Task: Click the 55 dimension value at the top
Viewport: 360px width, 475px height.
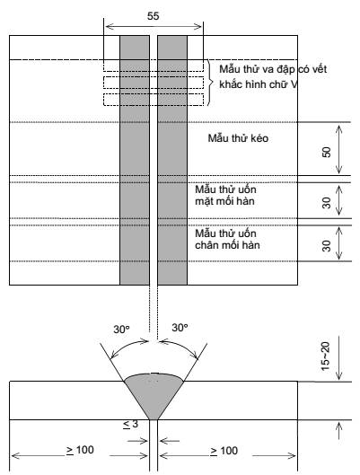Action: (153, 16)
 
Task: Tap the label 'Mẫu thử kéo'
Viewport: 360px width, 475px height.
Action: (238, 138)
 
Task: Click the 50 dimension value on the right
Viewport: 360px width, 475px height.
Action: (327, 152)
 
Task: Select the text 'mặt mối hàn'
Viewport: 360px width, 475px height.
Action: (224, 201)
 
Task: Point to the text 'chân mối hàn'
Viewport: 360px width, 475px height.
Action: (227, 245)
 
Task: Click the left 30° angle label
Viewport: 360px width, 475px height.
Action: (121, 330)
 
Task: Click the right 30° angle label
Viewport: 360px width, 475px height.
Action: (180, 328)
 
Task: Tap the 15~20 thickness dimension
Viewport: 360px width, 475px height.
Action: (325, 356)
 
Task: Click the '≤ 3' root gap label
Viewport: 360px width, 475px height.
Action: (130, 424)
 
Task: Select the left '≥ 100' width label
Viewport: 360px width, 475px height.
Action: (80, 450)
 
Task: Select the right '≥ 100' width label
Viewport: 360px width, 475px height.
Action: (224, 451)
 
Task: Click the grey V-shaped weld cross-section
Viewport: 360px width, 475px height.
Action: (154, 394)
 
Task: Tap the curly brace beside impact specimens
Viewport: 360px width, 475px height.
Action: (209, 83)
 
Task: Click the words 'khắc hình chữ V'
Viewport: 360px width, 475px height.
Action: (259, 84)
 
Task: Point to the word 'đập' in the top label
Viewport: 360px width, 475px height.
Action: (285, 70)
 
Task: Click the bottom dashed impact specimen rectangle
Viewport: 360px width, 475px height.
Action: (154, 100)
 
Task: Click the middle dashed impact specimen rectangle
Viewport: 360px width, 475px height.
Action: (154, 83)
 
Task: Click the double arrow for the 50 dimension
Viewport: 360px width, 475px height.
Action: (339, 149)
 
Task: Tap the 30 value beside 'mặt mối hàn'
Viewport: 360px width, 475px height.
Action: (327, 203)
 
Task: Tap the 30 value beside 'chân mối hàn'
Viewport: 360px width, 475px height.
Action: (327, 246)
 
